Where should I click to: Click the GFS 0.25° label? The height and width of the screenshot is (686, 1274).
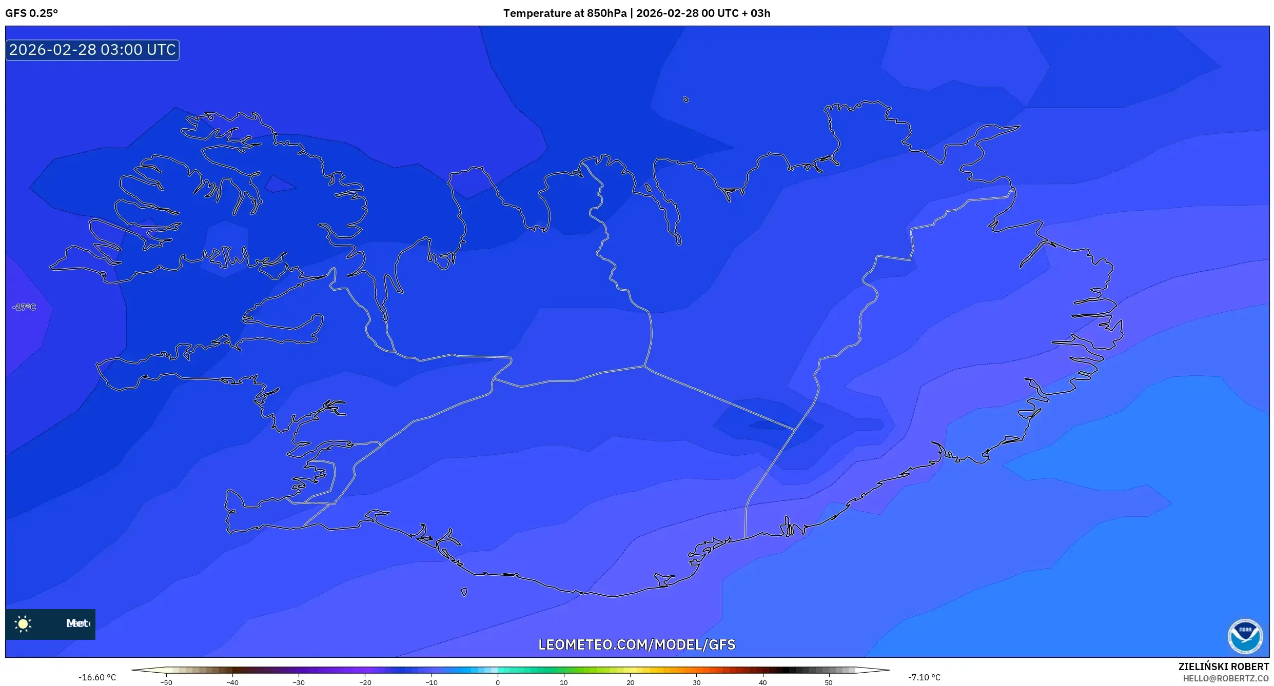click(32, 13)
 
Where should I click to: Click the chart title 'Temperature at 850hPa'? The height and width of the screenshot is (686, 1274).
click(564, 13)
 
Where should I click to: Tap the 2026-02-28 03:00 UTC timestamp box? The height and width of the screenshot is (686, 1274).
click(92, 50)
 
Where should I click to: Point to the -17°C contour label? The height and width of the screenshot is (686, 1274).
click(24, 307)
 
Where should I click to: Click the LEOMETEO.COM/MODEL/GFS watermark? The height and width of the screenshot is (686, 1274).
click(637, 644)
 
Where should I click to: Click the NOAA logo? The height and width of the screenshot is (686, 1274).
click(1245, 636)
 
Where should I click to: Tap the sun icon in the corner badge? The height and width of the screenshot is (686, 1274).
click(23, 623)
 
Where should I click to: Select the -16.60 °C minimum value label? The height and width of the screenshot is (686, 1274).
click(97, 677)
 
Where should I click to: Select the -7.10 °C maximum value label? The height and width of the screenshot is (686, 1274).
click(924, 677)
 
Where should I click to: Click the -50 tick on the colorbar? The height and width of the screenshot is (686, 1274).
click(166, 682)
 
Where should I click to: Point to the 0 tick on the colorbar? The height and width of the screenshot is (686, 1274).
click(497, 682)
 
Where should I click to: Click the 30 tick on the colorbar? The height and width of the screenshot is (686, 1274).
click(696, 682)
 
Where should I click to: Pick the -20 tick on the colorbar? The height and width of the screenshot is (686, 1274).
click(365, 682)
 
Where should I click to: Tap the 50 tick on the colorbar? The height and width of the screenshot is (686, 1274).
click(829, 682)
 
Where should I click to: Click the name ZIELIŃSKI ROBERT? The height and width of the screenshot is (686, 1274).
click(1223, 667)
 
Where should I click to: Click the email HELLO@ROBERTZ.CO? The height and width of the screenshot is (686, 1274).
click(1226, 678)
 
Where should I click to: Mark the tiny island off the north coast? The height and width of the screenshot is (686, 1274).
click(686, 99)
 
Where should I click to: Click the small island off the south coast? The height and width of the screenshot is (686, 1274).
click(464, 592)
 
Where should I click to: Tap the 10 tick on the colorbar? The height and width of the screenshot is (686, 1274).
click(563, 682)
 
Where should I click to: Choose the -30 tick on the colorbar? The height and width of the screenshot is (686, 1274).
click(299, 682)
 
